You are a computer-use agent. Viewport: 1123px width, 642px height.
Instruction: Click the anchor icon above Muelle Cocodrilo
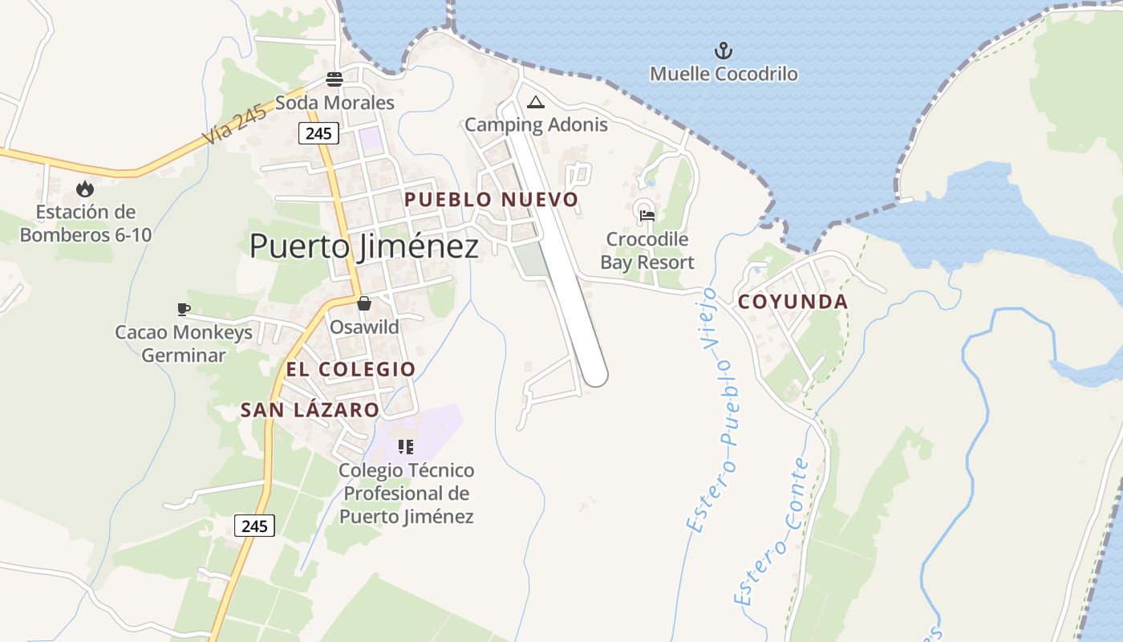724,51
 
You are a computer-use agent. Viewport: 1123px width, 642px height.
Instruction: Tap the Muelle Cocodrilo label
724,75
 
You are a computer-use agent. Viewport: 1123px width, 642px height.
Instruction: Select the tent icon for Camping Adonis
536,103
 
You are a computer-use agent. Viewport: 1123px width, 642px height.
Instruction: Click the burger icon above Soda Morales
334,79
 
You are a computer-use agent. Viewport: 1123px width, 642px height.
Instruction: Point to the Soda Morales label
334,103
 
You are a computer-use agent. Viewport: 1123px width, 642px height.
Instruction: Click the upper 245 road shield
318,133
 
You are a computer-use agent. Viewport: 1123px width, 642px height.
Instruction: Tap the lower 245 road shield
255,526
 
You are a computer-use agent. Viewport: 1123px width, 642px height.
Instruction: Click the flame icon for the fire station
84,189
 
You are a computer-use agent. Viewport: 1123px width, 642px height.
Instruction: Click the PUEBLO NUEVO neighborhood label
491,200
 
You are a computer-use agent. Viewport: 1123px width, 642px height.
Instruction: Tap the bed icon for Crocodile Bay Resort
647,215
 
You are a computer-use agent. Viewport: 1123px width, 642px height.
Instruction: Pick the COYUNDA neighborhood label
793,302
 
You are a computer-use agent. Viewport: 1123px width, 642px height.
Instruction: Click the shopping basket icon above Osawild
364,303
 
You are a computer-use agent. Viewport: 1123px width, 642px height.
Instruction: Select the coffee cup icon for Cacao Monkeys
184,309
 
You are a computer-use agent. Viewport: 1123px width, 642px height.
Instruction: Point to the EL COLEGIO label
351,369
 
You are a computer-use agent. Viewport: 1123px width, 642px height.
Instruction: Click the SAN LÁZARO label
310,410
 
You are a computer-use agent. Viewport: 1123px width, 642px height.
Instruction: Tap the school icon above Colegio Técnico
406,447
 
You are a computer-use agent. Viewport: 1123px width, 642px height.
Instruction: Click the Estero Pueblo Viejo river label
712,409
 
